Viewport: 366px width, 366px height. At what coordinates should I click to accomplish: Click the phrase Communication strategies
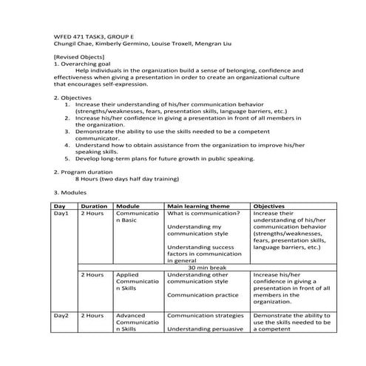[x=204, y=315]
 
